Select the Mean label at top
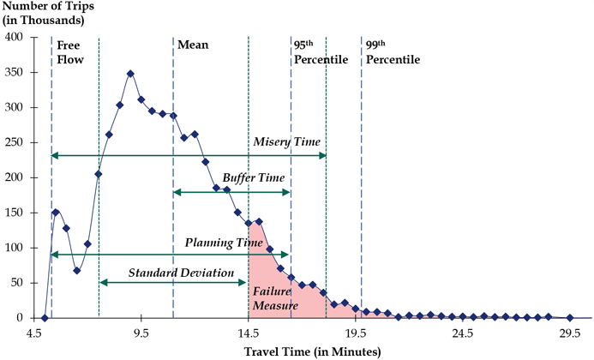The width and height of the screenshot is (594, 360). tap(193, 43)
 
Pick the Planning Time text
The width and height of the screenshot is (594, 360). tap(223, 243)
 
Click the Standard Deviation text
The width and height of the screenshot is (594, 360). tap(181, 273)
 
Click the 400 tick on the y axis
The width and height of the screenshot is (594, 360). tap(15, 37)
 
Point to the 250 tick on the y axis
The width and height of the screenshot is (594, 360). tap(15, 142)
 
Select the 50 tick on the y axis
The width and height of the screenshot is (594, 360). tap(19, 283)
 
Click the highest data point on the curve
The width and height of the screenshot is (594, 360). tap(130, 74)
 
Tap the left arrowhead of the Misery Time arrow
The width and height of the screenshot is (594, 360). tap(55, 155)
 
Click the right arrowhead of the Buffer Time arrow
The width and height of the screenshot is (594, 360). tap(288, 191)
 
